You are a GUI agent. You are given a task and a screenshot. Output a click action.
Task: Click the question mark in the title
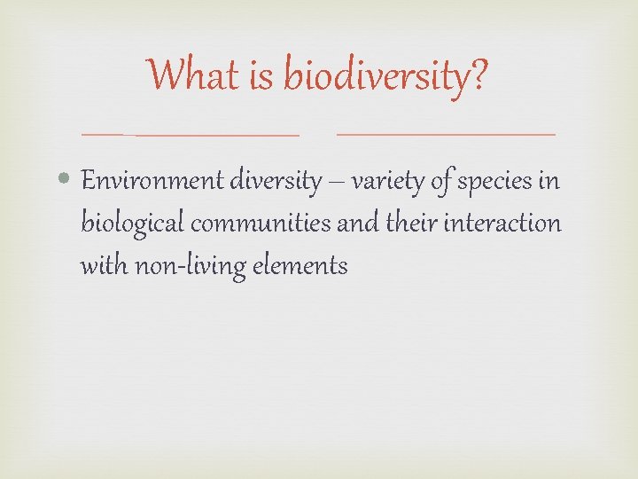click(x=478, y=75)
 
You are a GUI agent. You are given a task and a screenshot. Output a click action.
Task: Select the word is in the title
click(x=263, y=75)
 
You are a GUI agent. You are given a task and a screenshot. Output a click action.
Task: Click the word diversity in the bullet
click(x=276, y=181)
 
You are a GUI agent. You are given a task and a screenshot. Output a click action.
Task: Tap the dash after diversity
click(x=337, y=183)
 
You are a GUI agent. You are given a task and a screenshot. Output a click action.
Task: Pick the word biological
click(x=132, y=224)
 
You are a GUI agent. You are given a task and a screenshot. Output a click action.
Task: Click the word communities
click(x=261, y=223)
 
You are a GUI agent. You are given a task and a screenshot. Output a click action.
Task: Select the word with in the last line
click(x=104, y=264)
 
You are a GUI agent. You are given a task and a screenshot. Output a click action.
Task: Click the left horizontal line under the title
click(x=191, y=135)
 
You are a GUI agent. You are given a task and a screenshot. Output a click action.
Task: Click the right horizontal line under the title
click(x=447, y=134)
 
